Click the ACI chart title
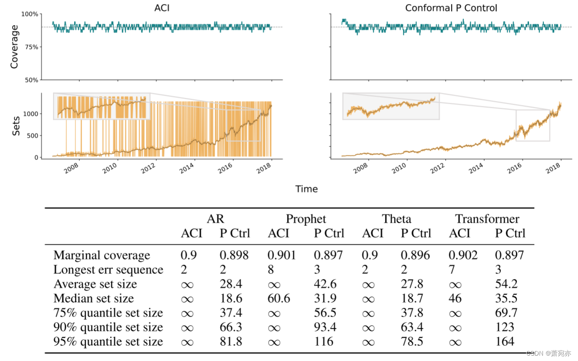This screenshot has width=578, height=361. coord(162,8)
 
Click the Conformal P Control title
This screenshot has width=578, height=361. coord(451,8)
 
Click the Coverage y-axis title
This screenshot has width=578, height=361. coord(14,47)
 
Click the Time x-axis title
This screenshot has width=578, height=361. coord(306,189)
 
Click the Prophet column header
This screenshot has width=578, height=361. coord(306,219)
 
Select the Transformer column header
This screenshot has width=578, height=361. coord(487,219)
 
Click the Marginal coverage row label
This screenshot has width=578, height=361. coord(101,255)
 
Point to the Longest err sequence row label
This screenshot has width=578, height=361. coord(108,270)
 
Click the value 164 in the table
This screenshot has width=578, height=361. coord(504,342)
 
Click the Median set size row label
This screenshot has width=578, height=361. coord(93,299)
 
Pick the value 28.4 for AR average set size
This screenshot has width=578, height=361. coord(230,284)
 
